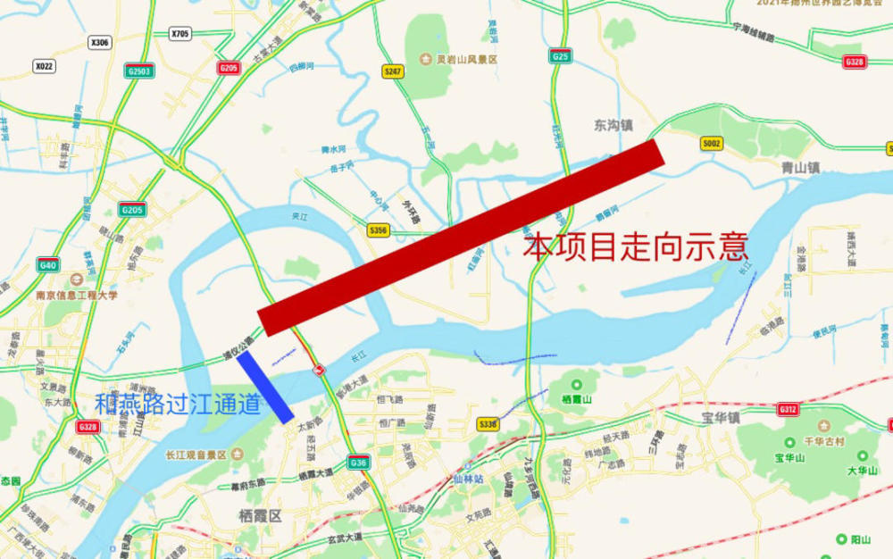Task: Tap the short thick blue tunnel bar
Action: [x=265, y=387]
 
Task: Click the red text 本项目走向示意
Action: [x=635, y=246]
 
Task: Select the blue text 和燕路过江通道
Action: [x=178, y=405]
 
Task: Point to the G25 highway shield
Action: [x=561, y=56]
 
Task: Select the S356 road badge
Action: [x=379, y=230]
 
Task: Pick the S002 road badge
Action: [x=712, y=143]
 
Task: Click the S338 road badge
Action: [x=487, y=424]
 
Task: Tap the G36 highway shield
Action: [x=359, y=462]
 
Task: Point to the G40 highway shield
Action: [x=48, y=264]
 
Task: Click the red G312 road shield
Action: [x=788, y=409]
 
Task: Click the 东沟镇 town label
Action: [x=613, y=126]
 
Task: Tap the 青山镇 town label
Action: [x=799, y=166]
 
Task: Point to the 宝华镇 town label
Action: [x=721, y=417]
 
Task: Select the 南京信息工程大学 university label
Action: [x=76, y=294]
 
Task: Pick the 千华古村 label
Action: [x=825, y=442]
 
